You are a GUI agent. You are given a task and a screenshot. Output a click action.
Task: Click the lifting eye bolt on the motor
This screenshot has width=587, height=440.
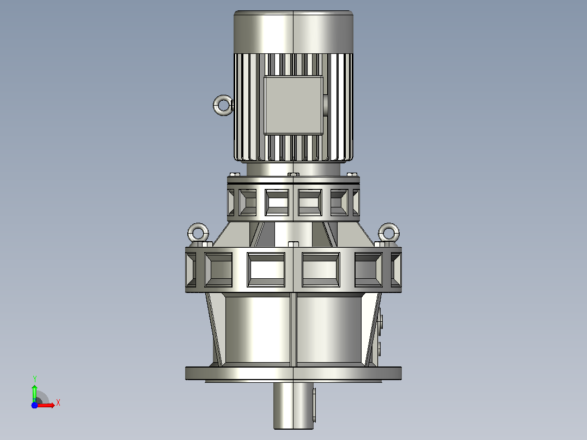pyautogui.click(x=219, y=105)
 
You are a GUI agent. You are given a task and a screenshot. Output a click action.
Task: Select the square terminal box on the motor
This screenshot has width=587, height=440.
pyautogui.click(x=293, y=105)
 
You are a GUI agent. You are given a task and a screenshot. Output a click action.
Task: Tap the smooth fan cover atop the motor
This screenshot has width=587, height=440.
pyautogui.click(x=293, y=32)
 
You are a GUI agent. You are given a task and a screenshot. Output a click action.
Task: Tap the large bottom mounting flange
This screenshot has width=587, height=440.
pyautogui.click(x=293, y=374)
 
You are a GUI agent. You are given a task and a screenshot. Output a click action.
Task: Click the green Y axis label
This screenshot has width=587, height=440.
pyautogui.click(x=34, y=379)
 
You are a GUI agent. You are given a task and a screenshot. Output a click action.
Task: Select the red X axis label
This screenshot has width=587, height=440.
pyautogui.click(x=58, y=403)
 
